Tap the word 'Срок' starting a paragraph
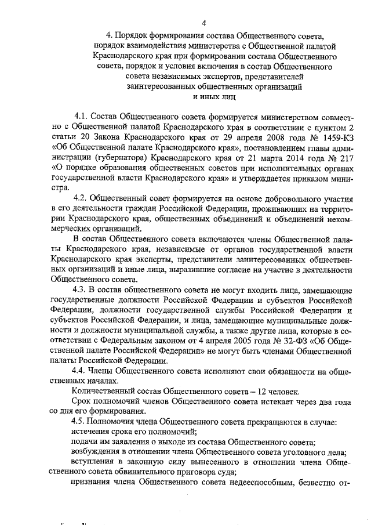82,401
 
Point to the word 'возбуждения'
97,452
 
